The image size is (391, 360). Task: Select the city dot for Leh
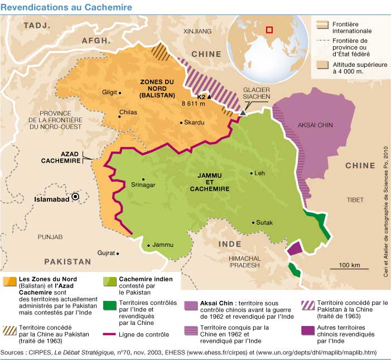pos(250,173)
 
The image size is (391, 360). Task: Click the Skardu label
pos(195,123)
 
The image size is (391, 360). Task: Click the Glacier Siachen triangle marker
pos(243,113)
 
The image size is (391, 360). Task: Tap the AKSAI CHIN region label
pos(315,125)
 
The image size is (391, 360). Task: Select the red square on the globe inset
pos(269,30)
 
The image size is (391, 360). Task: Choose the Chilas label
pos(128,113)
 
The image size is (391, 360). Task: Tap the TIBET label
pos(355,199)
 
